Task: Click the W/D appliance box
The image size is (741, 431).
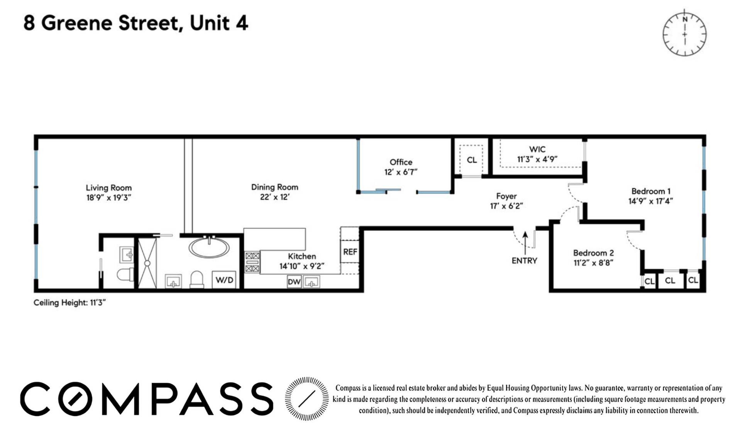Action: click(x=224, y=280)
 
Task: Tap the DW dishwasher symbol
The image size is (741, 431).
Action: click(x=294, y=282)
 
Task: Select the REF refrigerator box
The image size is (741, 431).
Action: click(x=350, y=252)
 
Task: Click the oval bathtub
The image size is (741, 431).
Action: click(x=209, y=247)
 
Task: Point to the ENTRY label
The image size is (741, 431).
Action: click(x=524, y=261)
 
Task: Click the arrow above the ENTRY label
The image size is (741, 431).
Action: click(x=525, y=243)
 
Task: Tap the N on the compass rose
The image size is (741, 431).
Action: click(x=685, y=19)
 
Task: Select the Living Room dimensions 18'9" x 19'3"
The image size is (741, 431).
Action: click(x=109, y=198)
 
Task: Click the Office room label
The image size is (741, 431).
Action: click(x=401, y=162)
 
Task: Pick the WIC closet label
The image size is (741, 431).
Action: click(x=537, y=149)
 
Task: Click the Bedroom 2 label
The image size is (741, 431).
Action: click(x=593, y=253)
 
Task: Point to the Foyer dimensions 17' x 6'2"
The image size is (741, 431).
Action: click(x=506, y=206)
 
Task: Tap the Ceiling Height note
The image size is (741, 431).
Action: click(x=69, y=303)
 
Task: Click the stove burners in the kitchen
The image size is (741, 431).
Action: click(x=252, y=262)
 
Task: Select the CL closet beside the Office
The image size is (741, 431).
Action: click(x=472, y=160)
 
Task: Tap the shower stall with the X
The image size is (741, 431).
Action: click(x=147, y=263)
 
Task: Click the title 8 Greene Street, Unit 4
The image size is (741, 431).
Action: click(x=135, y=23)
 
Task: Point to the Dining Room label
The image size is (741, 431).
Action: click(x=275, y=187)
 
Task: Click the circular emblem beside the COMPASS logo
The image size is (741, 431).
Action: click(x=307, y=398)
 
